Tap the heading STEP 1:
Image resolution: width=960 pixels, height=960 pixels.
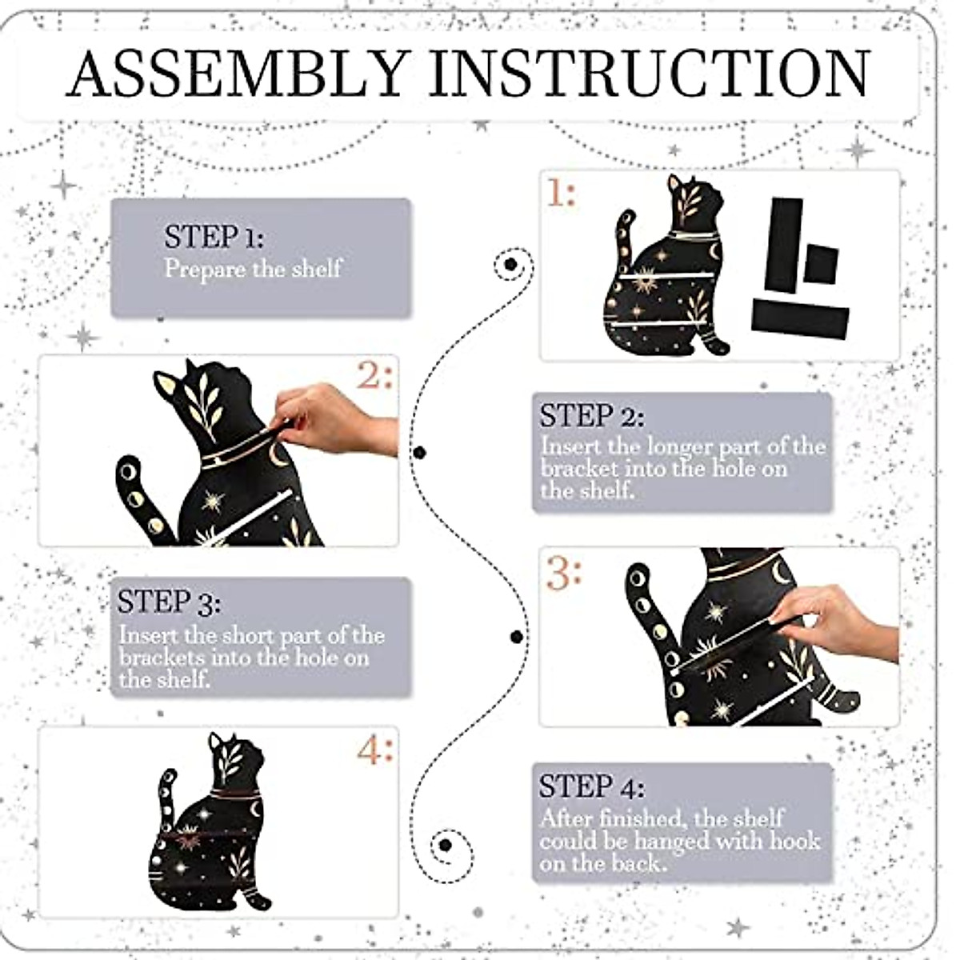point(214,237)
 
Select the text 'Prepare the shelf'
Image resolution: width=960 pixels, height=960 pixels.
point(253,270)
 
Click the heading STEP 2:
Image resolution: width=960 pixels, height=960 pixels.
point(592,416)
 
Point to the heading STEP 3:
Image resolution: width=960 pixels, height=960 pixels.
point(169,602)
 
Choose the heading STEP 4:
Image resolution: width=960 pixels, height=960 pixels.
point(592,786)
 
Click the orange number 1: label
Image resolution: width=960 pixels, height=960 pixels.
point(562,193)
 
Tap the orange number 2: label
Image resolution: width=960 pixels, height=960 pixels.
point(375,374)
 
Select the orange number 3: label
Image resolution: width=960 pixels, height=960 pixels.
point(563,574)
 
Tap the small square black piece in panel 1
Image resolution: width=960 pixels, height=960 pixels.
point(821,263)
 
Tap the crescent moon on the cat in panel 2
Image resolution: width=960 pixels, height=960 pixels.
point(277,455)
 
